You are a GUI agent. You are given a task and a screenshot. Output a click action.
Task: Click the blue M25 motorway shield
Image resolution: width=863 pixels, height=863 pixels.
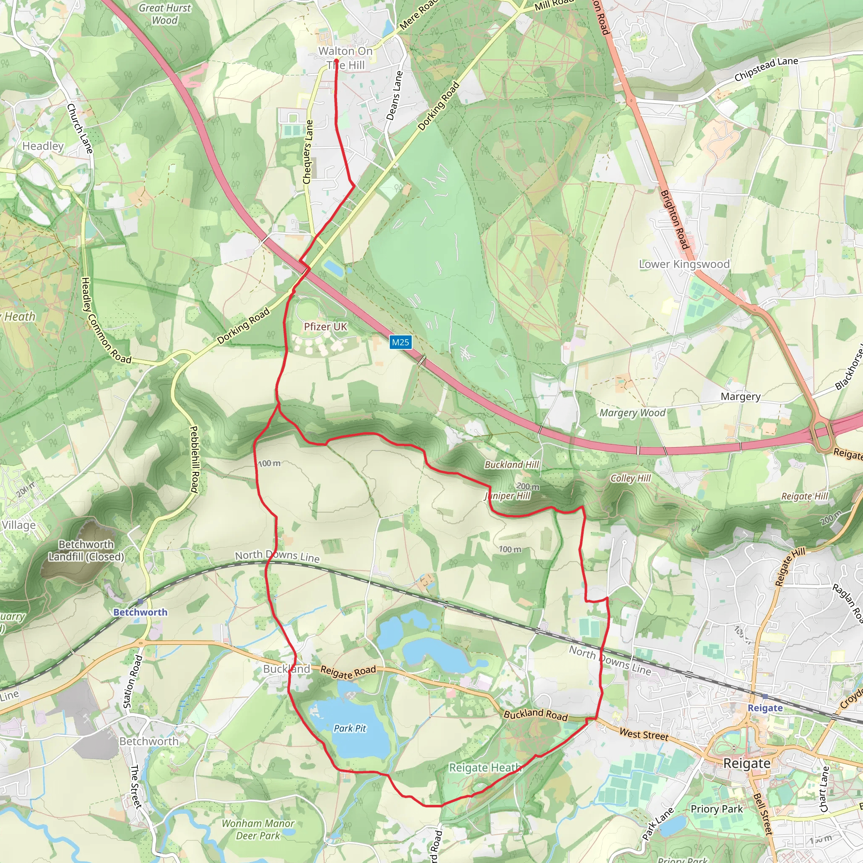click(400, 342)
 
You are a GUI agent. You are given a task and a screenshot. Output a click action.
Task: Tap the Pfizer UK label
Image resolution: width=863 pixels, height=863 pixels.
click(325, 327)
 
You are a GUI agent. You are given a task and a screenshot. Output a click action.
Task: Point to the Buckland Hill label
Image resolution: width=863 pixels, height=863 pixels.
click(512, 464)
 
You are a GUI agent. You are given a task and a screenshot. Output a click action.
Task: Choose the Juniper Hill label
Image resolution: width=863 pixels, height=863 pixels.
click(507, 496)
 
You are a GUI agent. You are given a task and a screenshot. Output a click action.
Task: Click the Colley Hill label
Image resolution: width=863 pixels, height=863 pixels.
click(631, 478)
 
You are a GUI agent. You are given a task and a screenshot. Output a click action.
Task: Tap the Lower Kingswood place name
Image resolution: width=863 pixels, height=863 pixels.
click(684, 264)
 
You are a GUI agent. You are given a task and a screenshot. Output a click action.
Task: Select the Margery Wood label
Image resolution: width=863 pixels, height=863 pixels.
click(632, 413)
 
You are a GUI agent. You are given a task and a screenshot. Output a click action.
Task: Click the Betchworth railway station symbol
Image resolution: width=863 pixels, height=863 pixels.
click(140, 602)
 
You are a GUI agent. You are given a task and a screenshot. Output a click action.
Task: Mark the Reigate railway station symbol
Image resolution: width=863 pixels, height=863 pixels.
click(765, 697)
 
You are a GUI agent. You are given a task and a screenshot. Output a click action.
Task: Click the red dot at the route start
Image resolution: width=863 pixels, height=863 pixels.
click(336, 61)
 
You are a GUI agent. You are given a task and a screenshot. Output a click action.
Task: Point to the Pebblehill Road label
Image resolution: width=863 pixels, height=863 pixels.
click(194, 459)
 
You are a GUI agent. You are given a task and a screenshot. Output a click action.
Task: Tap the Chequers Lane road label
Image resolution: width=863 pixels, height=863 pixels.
click(308, 152)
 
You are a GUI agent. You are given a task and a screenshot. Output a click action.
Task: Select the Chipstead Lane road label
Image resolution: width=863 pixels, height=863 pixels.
click(766, 69)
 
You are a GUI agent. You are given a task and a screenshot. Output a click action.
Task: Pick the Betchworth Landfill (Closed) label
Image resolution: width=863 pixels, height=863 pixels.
click(86, 550)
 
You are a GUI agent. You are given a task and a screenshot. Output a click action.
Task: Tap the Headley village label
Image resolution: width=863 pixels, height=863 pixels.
click(43, 146)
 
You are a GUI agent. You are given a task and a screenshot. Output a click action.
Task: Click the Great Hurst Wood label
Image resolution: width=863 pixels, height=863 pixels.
click(164, 14)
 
